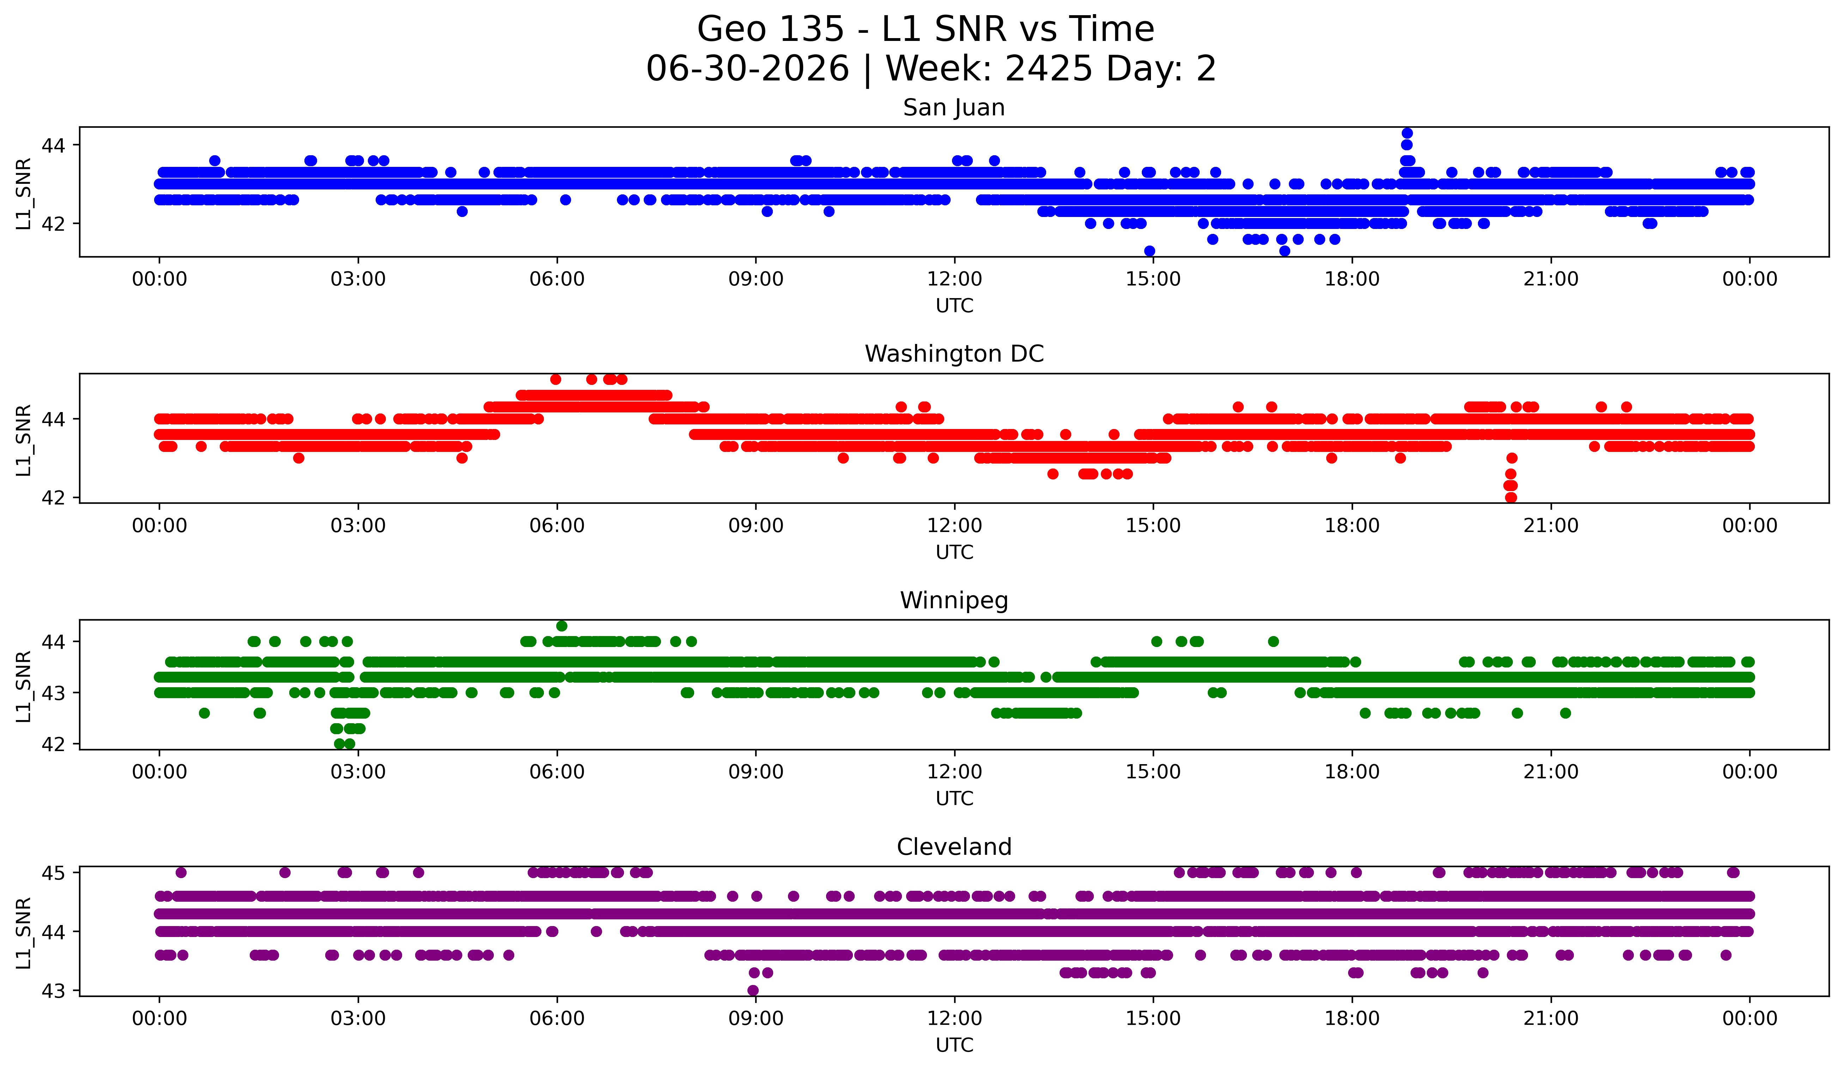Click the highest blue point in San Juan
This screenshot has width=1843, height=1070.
coord(1406,133)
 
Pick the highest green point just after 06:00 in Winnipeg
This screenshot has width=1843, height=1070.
coord(562,626)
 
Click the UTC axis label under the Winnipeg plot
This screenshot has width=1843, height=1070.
coord(954,799)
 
